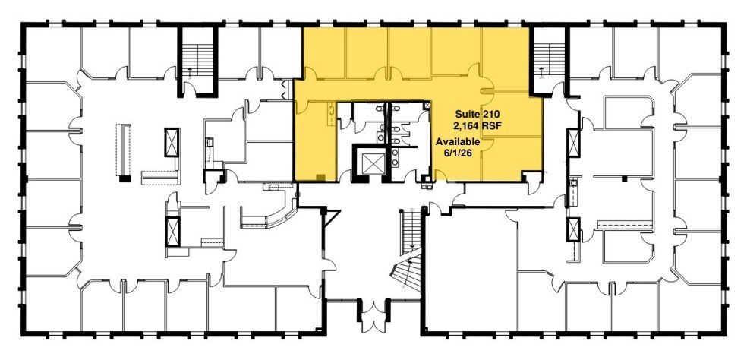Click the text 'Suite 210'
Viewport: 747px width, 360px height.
[476, 113]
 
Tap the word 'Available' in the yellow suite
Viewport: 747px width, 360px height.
[457, 142]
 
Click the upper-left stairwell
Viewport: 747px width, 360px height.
[198, 58]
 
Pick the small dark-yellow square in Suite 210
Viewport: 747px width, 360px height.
[321, 177]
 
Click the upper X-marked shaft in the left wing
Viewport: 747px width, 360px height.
[173, 142]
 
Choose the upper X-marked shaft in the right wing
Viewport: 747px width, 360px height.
[573, 142]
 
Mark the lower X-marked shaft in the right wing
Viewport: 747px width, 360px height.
[573, 228]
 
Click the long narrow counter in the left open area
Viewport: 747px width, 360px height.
[121, 150]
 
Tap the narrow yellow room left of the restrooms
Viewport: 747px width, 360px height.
[315, 141]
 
